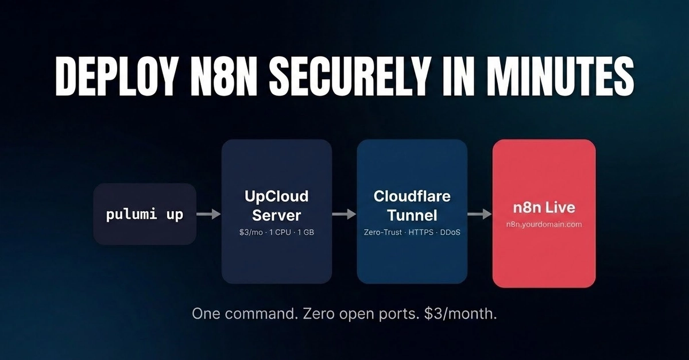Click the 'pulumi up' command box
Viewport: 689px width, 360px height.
tap(145, 215)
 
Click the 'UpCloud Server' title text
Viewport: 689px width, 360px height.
tap(277, 206)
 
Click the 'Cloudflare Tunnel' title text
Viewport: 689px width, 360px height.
tap(412, 206)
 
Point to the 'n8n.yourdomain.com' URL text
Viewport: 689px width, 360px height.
tap(544, 224)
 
